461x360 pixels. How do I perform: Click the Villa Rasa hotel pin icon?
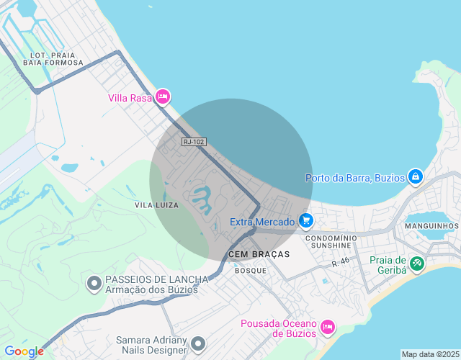pos(162,96)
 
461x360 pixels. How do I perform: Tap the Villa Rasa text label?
pos(130,98)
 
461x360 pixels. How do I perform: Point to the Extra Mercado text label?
pos(262,222)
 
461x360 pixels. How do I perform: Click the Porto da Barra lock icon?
pos(415,176)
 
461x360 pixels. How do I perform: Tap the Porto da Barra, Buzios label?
pos(355,178)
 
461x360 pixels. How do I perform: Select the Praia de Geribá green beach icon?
pos(417,264)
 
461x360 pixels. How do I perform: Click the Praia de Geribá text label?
pos(388,265)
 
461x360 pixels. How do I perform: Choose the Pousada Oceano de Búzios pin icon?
pos(327,328)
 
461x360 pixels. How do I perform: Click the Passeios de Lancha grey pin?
pos(94,284)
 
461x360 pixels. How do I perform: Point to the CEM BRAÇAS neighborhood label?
pos(259,254)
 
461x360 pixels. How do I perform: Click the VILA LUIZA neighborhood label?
pos(156,205)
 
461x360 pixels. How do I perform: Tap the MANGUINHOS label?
pos(431,226)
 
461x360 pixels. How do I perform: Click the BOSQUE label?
pos(251,271)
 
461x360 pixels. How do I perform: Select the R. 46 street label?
pos(341,264)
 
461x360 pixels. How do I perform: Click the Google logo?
pos(24,351)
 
